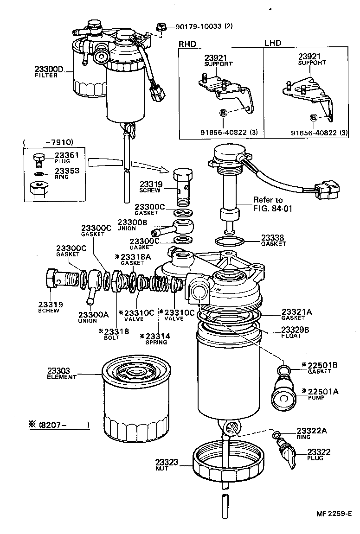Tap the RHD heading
point(188,44)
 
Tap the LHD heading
point(273,43)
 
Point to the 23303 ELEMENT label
point(62,374)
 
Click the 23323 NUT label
point(166,465)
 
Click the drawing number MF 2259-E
point(334,514)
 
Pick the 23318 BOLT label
point(114,334)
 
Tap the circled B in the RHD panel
point(223,113)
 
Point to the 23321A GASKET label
point(296,315)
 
